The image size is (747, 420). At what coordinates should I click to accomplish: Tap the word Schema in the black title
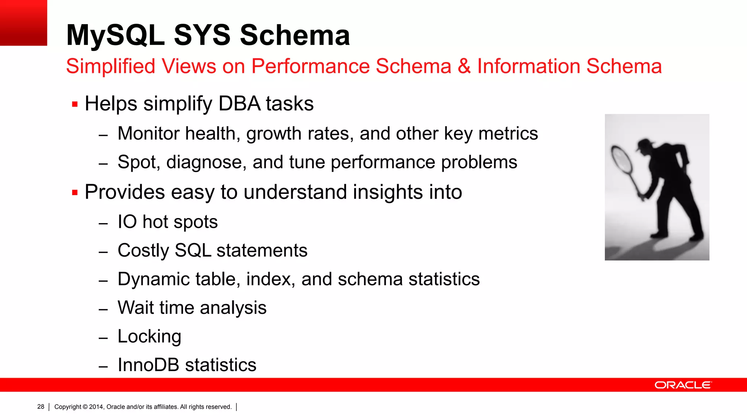coord(295,35)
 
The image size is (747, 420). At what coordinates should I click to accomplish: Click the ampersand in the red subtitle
coord(464,66)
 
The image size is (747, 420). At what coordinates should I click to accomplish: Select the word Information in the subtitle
coord(529,66)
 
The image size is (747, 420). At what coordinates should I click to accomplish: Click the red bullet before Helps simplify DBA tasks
coord(75,104)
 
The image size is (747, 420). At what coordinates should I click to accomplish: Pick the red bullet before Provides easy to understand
coord(75,192)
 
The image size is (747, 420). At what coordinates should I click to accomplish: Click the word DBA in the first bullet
coord(239,104)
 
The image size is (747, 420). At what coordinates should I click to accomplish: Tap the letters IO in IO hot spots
coord(127,222)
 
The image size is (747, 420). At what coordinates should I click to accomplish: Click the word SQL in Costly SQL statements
coord(193,250)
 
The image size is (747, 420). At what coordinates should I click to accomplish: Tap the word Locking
coord(149,337)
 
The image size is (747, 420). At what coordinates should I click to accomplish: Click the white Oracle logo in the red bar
coord(683,385)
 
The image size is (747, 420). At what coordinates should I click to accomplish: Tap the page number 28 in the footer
coord(40,407)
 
